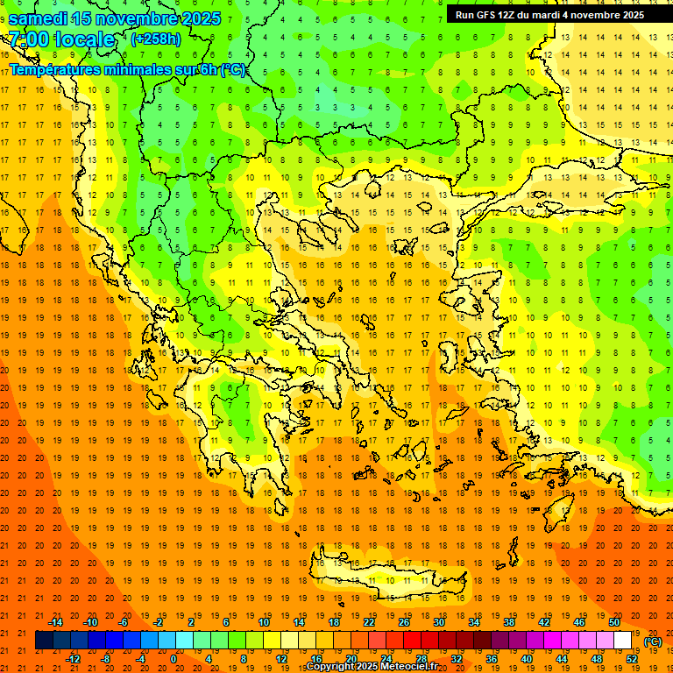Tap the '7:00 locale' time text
point(61,39)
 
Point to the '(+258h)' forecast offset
point(156,39)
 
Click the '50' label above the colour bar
point(614,622)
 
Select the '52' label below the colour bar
point(632,659)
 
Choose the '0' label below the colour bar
point(174,659)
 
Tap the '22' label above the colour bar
point(369,622)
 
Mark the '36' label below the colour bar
point(492,659)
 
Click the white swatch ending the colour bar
point(623,641)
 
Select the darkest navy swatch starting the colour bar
point(44,641)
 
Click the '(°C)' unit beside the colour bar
point(653,641)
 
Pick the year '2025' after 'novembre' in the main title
point(202,18)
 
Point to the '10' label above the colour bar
point(264,622)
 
